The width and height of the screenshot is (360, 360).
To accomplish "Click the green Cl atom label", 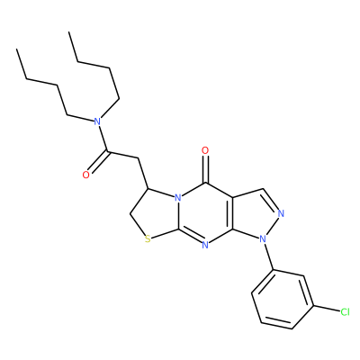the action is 345,312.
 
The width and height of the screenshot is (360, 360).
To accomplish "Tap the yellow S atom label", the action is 148,239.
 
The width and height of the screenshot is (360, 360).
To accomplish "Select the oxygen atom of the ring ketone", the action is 205,150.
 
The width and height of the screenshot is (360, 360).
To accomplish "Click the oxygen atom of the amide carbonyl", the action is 86,175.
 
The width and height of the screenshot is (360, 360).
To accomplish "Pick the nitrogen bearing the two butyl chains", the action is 96,121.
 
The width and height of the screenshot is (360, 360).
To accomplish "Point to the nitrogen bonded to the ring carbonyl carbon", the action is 178,198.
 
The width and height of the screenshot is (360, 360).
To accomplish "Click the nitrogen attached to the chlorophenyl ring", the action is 263,239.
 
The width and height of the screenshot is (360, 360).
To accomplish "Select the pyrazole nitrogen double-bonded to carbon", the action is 281,213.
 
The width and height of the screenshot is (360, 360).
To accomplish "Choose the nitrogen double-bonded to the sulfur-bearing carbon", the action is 205,245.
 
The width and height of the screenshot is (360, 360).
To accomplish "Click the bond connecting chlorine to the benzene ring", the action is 327,310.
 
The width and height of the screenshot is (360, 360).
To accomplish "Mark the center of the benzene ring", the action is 283,299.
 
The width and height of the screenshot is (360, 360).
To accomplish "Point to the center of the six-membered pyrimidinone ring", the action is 205,214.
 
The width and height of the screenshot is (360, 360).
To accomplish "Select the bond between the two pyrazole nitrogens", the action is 273,226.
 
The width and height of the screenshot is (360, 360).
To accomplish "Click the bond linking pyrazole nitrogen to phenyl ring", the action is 269,256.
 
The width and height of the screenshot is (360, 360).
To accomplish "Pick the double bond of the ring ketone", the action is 205,169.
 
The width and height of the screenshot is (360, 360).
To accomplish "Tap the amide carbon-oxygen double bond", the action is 97,163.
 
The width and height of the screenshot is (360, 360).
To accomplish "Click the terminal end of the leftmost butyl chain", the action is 17,49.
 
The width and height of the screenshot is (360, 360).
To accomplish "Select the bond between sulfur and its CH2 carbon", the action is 137,225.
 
